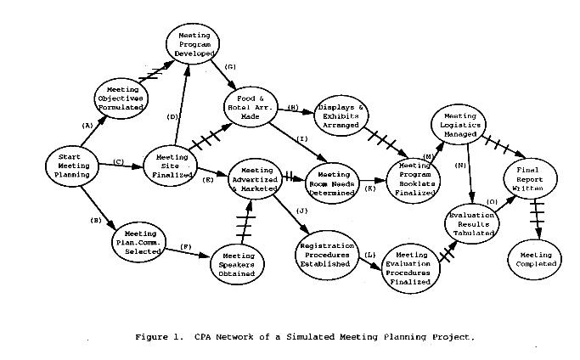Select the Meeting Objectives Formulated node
click(125, 98)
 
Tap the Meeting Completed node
click(533, 258)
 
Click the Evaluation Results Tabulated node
click(473, 222)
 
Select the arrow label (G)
click(230, 66)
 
